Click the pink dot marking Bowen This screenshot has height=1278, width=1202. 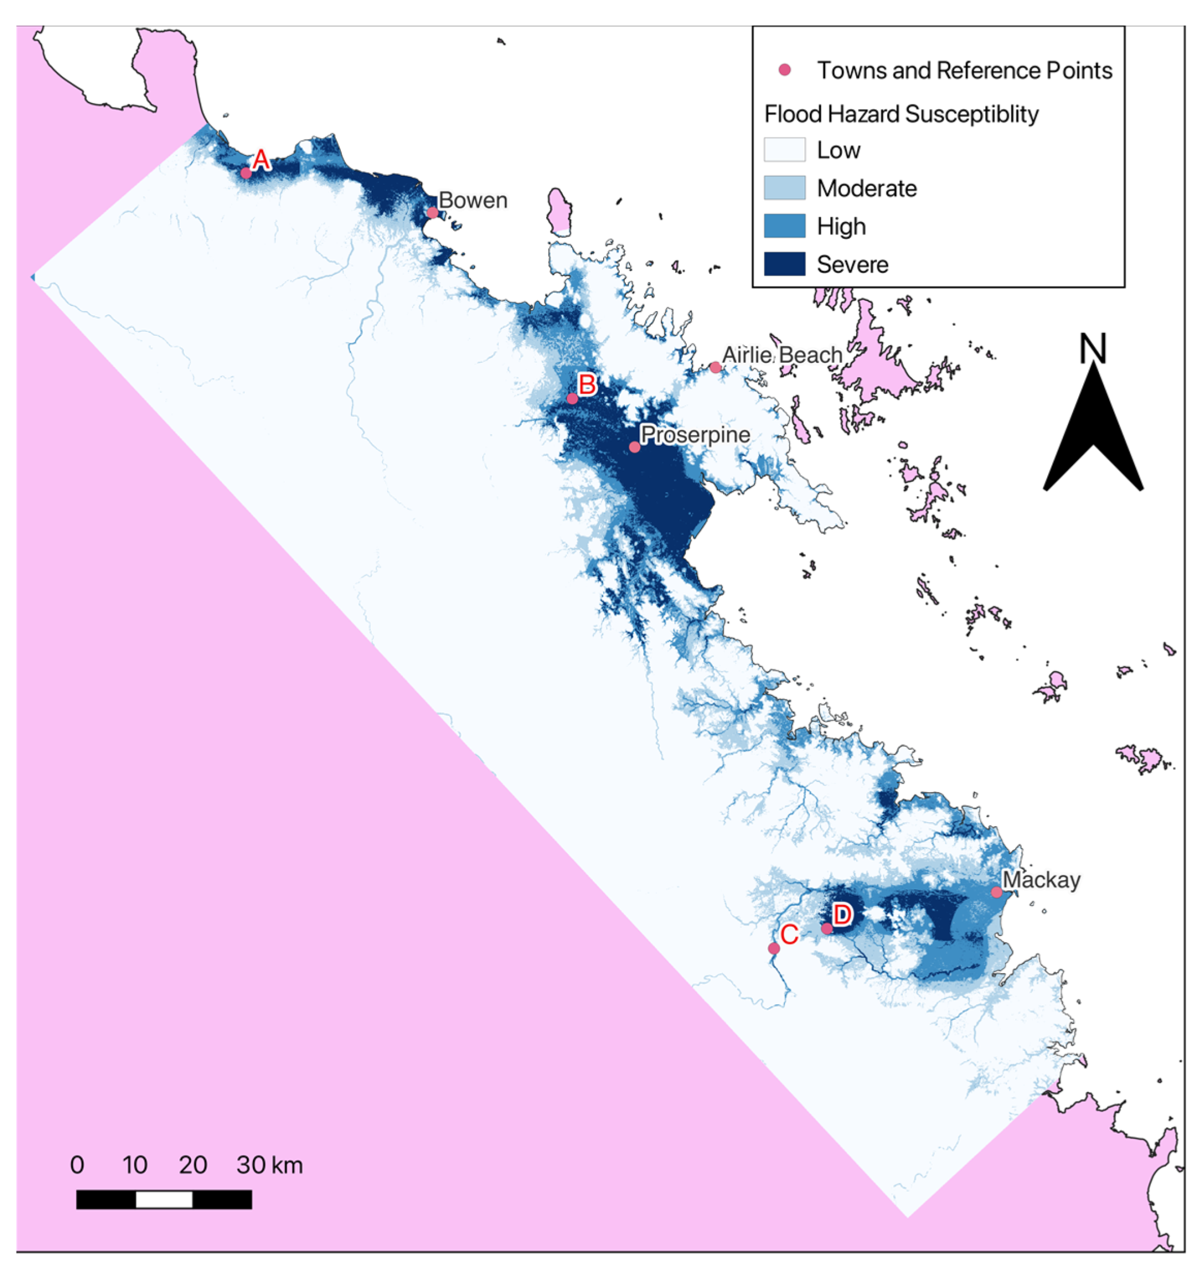pyautogui.click(x=433, y=213)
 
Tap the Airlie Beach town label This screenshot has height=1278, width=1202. pyautogui.click(x=782, y=355)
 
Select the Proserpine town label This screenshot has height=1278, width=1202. pyautogui.click(x=695, y=435)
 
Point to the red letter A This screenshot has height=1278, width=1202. pyautogui.click(x=260, y=160)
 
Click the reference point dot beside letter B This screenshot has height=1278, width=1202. pyautogui.click(x=572, y=398)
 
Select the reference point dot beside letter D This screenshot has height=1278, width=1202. pyautogui.click(x=827, y=929)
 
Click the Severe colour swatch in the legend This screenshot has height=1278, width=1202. pyautogui.click(x=784, y=264)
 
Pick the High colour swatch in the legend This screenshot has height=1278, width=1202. pyautogui.click(x=784, y=226)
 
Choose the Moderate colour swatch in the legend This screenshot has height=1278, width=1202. pyautogui.click(x=784, y=188)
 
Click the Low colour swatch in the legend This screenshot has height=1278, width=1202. pyautogui.click(x=784, y=150)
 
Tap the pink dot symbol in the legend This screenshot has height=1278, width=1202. pyautogui.click(x=784, y=70)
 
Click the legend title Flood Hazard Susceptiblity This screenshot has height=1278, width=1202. pyautogui.click(x=901, y=114)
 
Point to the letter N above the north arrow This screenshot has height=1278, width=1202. pyautogui.click(x=1092, y=349)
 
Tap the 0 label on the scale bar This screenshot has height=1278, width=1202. pyautogui.click(x=77, y=1165)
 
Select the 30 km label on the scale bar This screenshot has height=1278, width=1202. pyautogui.click(x=269, y=1165)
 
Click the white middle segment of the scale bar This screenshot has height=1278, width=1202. pyautogui.click(x=164, y=1199)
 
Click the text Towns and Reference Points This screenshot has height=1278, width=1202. pyautogui.click(x=964, y=71)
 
